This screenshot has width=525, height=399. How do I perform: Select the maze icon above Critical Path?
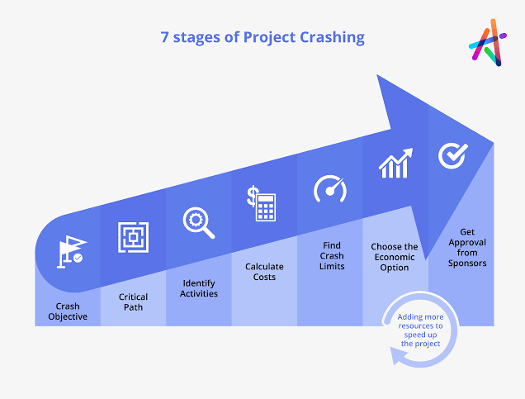click(133, 237)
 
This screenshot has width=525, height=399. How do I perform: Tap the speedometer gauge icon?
click(330, 188)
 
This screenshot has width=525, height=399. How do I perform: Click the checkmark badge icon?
click(452, 154)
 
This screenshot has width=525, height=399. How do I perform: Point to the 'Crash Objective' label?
click(67, 311)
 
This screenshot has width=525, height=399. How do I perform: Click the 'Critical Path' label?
click(133, 302)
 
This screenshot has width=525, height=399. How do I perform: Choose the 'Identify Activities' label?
click(198, 287)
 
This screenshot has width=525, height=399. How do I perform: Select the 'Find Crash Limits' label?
click(331, 255)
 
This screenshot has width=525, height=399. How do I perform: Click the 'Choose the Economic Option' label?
click(395, 257)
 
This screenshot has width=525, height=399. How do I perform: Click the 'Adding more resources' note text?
click(420, 330)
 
